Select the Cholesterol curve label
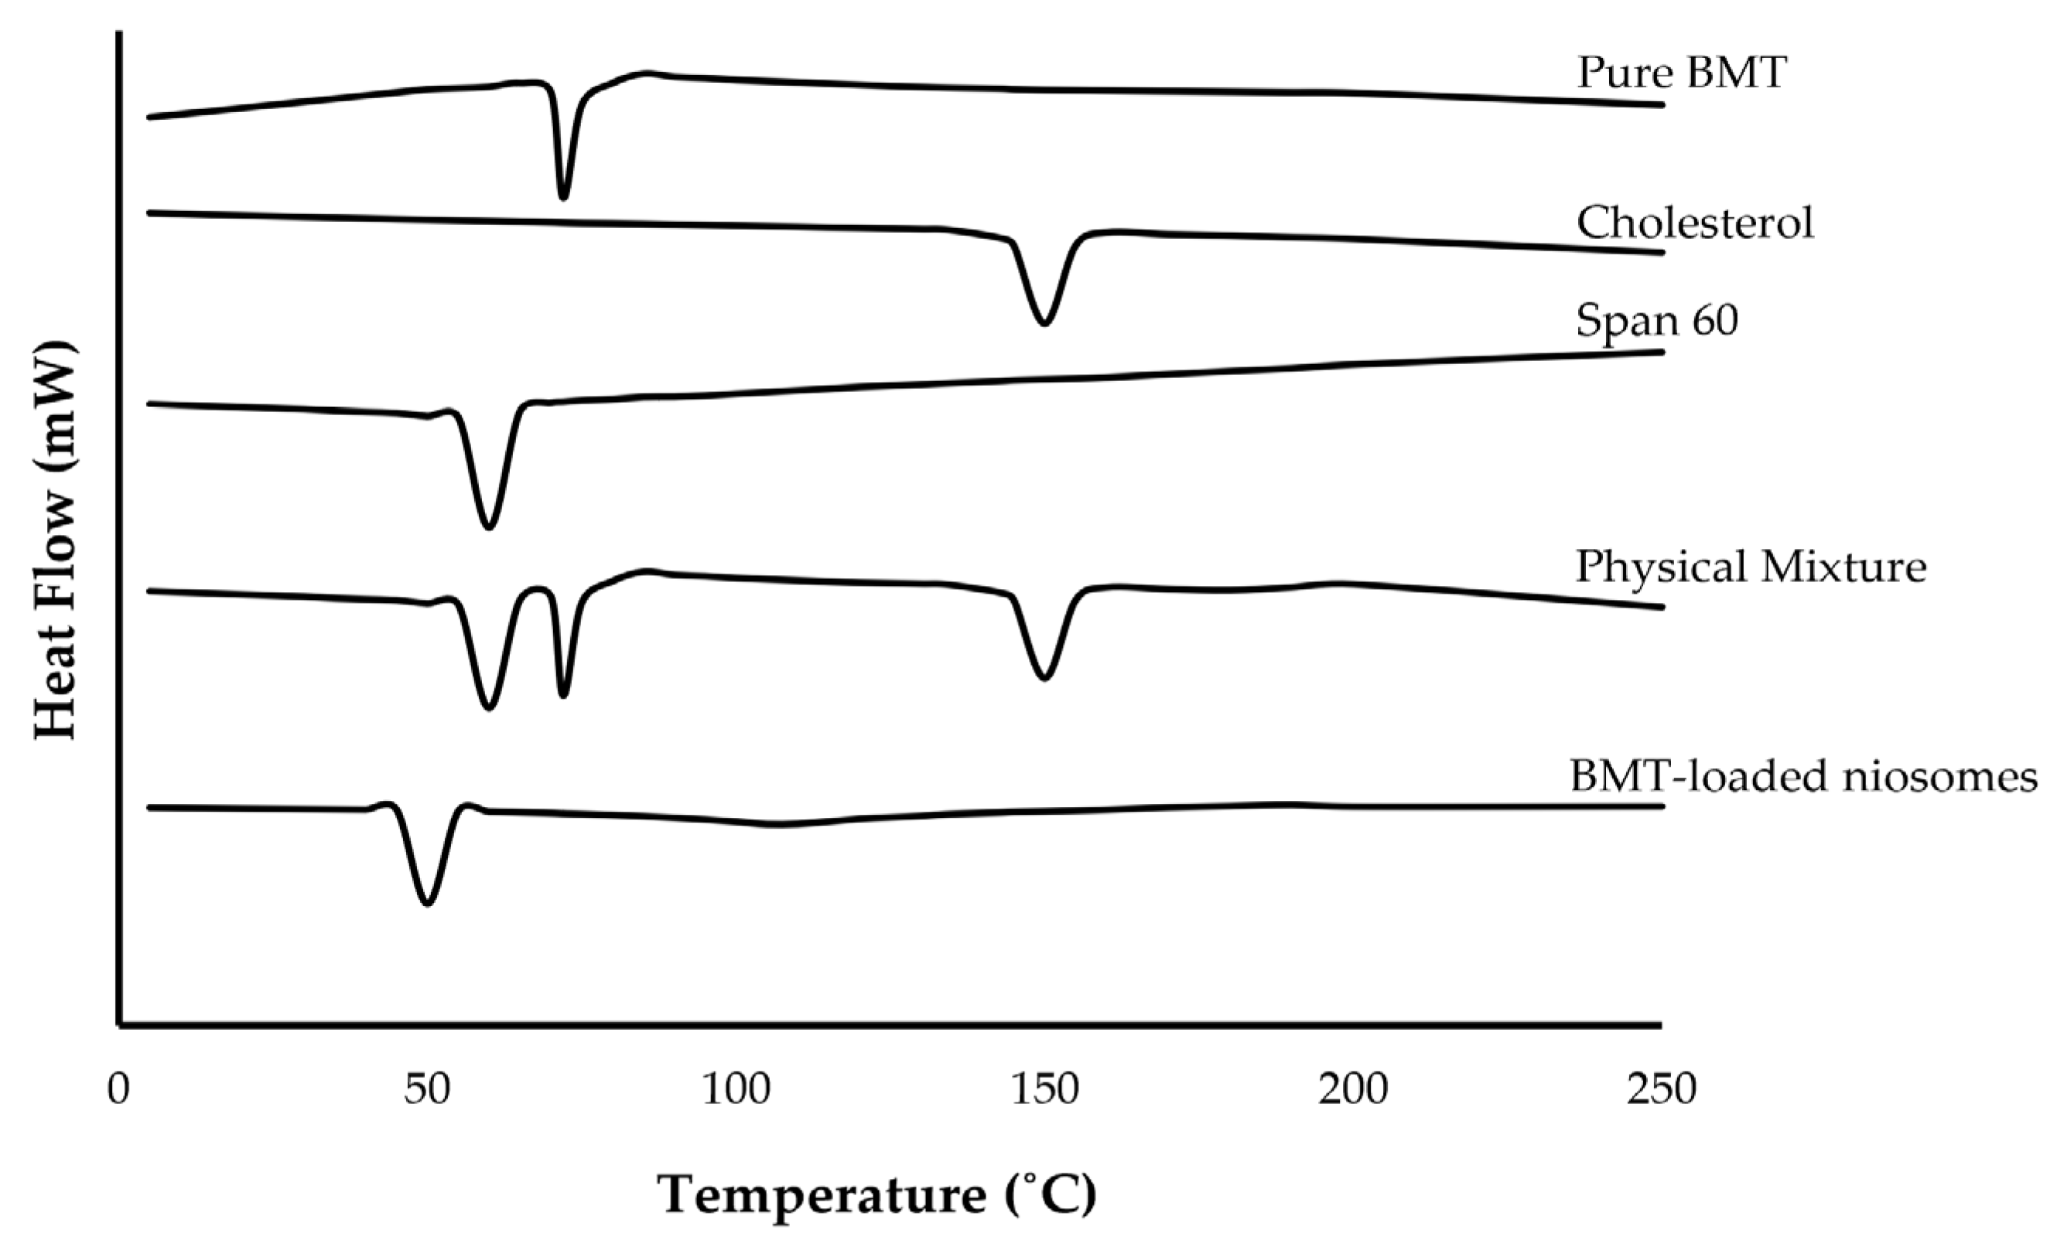pyautogui.click(x=1695, y=223)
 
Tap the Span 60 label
pyautogui.click(x=1656, y=319)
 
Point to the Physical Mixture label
pyautogui.click(x=1751, y=567)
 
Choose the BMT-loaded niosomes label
pyautogui.click(x=1803, y=776)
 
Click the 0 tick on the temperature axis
pyautogui.click(x=118, y=1090)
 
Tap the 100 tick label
pyautogui.click(x=736, y=1090)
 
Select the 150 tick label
pyautogui.click(x=1044, y=1090)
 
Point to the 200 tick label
pyautogui.click(x=1353, y=1090)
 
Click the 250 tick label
pyautogui.click(x=1661, y=1090)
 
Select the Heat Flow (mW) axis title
pyautogui.click(x=55, y=540)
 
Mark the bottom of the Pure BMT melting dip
pyautogui.click(x=562, y=197)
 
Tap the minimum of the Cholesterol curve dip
pyautogui.click(x=1044, y=322)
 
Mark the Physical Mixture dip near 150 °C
pyautogui.click(x=1044, y=677)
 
